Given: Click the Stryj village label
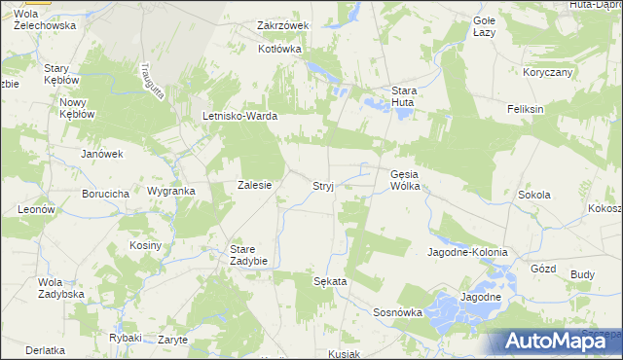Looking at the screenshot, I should click(323, 185).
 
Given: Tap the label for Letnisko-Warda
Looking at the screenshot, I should click(240, 117).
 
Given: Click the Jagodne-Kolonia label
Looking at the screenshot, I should click(468, 252).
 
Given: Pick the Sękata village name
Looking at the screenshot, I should click(330, 280).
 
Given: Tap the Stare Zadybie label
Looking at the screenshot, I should click(248, 254).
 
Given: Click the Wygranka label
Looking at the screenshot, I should click(171, 191).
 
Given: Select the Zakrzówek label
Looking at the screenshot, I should click(282, 25).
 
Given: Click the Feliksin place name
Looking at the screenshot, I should click(525, 109).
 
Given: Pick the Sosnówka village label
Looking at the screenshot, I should click(397, 312).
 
